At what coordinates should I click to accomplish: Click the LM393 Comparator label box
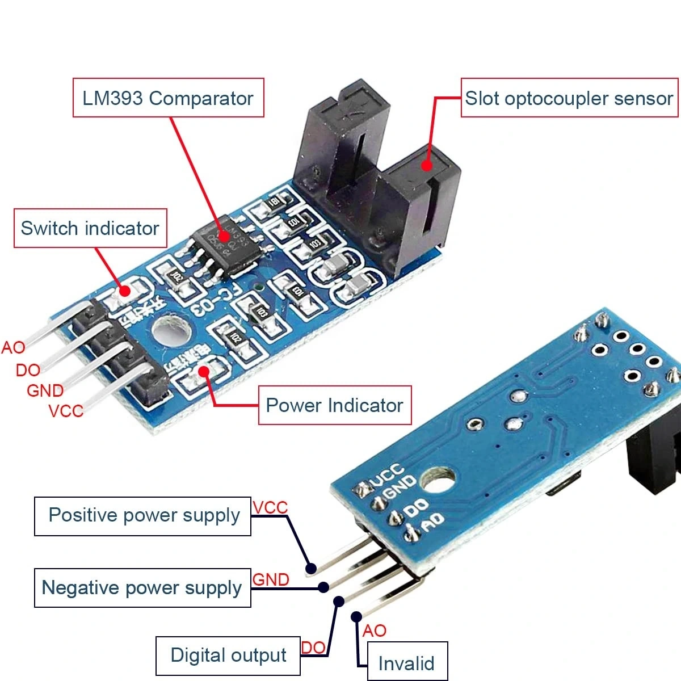coord(168,98)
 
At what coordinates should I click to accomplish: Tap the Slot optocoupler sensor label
coord(569,98)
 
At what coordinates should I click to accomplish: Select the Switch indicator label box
coord(90,228)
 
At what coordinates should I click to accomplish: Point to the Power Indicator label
coord(334,405)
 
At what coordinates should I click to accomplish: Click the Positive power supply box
coord(143,515)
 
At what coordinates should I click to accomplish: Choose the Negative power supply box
coord(142,587)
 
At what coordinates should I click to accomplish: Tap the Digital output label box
coord(228,655)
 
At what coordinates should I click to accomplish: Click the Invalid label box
coord(406,663)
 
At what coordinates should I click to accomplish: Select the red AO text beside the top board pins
coord(14,347)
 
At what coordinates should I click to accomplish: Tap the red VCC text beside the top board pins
coord(66,410)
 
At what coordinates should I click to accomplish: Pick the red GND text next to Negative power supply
coord(271,579)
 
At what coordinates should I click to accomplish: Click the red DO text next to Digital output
coord(313,648)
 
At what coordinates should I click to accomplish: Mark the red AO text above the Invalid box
coord(374,630)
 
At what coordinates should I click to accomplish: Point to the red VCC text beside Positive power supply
coord(270,507)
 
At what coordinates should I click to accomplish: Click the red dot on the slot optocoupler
coord(426,165)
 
